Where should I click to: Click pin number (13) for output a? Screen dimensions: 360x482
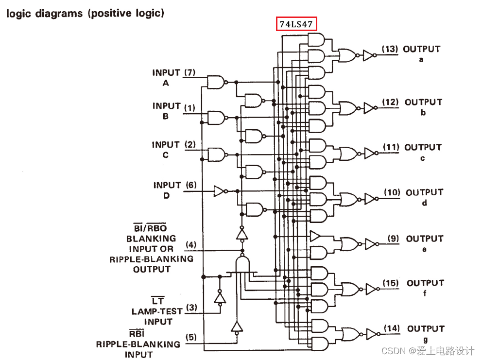[390, 49]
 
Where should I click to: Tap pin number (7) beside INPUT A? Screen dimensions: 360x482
[189, 73]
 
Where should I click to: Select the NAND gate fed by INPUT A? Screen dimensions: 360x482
[215, 82]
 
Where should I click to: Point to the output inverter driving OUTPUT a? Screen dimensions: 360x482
[368, 55]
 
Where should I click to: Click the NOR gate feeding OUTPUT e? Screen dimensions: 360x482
[349, 243]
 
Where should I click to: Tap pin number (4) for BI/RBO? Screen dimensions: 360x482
[191, 244]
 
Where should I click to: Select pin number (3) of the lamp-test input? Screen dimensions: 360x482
[192, 308]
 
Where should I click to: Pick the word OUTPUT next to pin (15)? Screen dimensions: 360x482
[425, 283]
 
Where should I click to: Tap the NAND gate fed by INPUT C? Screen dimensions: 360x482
[216, 155]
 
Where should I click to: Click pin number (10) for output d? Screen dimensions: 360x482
[392, 192]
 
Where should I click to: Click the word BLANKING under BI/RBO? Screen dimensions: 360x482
[151, 239]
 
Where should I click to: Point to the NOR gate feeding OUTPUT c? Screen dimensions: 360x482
[348, 154]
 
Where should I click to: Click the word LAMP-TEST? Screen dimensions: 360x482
[157, 311]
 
